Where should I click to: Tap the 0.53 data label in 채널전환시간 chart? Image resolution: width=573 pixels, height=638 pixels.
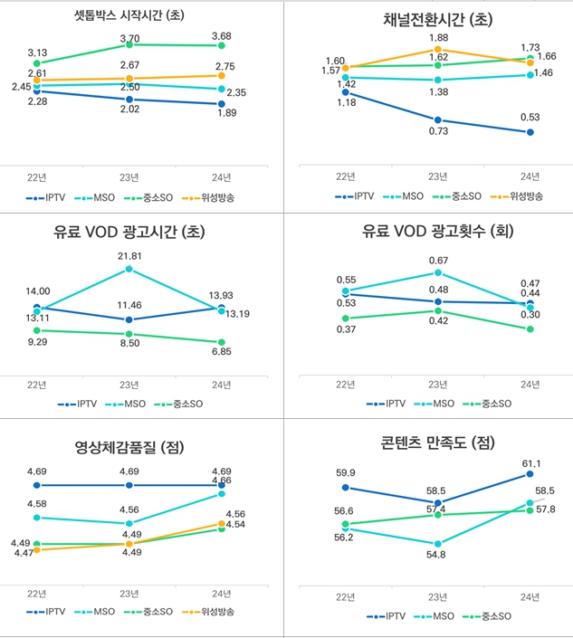click(x=530, y=116)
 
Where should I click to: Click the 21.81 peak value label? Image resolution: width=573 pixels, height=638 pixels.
click(x=129, y=256)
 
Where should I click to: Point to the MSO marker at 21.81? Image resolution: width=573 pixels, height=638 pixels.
click(x=129, y=269)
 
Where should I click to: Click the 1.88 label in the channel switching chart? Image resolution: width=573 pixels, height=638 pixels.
click(x=437, y=37)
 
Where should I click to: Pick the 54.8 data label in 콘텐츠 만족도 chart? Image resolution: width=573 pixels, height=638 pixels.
click(x=438, y=553)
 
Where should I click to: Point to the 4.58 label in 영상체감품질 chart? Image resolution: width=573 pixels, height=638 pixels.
click(x=37, y=503)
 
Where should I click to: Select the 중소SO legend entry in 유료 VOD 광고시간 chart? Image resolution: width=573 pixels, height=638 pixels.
click(x=179, y=404)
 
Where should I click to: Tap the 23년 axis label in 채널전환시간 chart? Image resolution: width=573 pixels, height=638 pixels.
click(x=437, y=177)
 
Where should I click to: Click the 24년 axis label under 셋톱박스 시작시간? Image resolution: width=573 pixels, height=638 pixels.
click(x=222, y=176)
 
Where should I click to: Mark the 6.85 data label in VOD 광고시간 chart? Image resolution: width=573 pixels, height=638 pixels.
click(x=222, y=350)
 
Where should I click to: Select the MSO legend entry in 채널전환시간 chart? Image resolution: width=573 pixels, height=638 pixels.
click(x=410, y=195)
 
